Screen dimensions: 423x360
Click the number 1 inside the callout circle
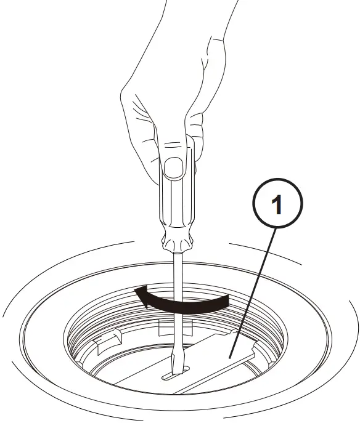coord(277,204)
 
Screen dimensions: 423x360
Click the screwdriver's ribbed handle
coord(177,197)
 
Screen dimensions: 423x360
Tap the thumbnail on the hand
coord(175,167)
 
